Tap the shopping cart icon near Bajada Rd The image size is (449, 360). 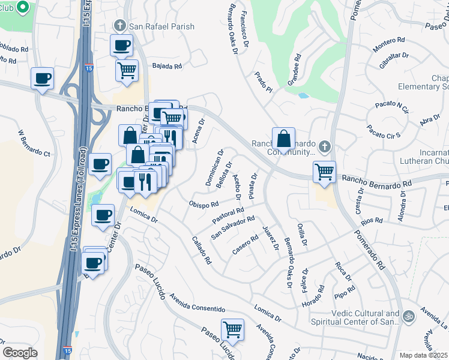coord(127,70)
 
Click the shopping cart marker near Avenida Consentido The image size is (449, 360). coord(232,329)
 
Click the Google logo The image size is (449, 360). coord(20,353)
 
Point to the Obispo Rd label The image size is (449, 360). coord(203,205)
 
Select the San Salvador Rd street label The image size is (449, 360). coord(232,227)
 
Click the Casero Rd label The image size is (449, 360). coord(245,246)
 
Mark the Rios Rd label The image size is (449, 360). coord(372,221)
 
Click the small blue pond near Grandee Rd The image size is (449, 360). coord(303,95)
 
